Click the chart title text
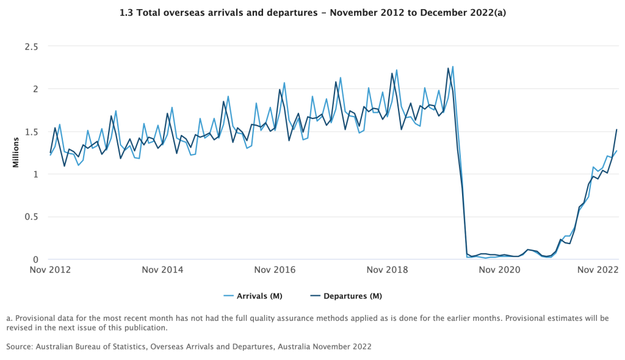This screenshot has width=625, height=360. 312,12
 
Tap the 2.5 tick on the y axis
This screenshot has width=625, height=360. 31,46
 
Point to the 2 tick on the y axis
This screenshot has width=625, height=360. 35,89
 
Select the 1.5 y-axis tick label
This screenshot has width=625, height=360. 31,132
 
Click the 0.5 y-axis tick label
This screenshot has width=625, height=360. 31,217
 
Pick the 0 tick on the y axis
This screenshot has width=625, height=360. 35,260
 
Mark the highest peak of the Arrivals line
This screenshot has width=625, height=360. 452,67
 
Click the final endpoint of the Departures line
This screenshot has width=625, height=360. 616,129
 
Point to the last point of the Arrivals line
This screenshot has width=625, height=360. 616,151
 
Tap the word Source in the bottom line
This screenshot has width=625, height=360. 20,347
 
